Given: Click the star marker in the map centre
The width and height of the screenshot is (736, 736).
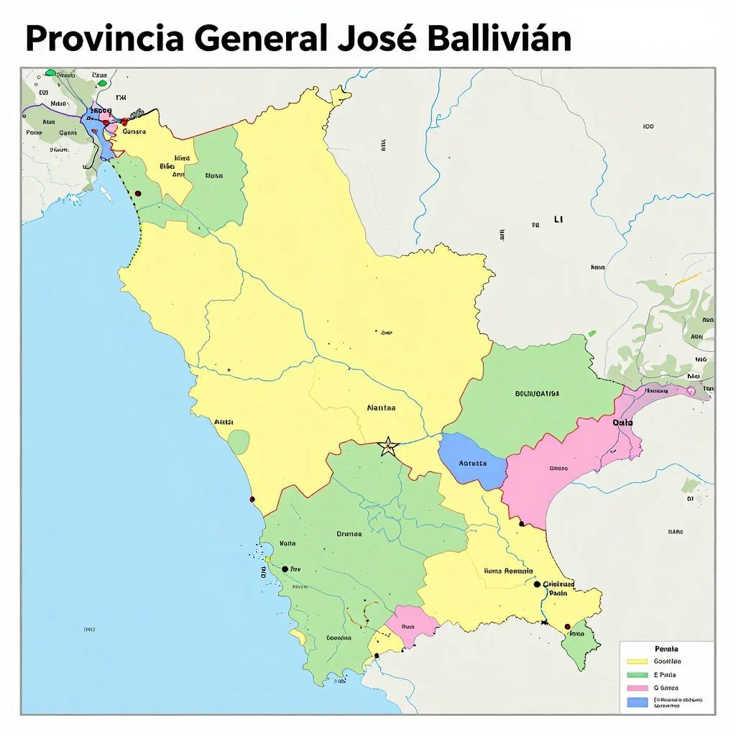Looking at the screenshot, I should point(388,446).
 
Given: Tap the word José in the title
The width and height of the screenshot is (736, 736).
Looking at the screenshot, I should point(377,40).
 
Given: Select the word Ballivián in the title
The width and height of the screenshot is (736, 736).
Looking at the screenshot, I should point(498,40).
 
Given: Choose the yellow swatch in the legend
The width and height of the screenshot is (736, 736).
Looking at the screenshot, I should point(637,661).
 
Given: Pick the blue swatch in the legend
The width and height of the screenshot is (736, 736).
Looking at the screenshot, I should point(637,701).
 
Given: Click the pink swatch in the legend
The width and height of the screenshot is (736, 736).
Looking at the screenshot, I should point(637,688).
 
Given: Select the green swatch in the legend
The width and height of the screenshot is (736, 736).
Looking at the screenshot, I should point(637,675).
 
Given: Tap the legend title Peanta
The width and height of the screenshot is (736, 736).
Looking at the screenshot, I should point(667,648).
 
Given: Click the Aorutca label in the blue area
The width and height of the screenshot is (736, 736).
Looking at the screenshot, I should point(472,464).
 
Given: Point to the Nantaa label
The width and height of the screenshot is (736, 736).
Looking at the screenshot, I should point(381,408).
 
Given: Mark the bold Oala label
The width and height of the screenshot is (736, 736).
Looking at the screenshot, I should point(622,423).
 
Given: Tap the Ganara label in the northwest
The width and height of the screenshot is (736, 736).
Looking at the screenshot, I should point(134,132).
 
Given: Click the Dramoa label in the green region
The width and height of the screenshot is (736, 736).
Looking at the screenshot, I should point(349,533).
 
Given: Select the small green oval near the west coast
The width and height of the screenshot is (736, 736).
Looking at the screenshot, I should point(239,442).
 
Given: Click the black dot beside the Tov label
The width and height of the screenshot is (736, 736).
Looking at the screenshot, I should point(285,569).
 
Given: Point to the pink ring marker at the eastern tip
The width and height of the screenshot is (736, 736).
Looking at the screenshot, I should point(691,391).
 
